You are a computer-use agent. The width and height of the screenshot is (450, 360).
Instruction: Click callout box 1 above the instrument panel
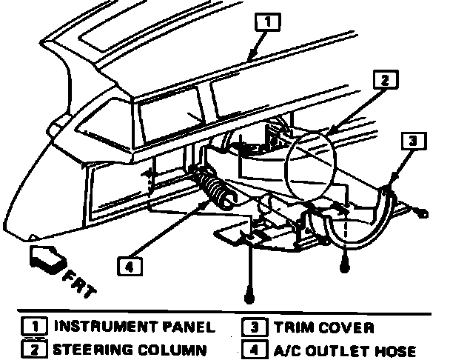268,21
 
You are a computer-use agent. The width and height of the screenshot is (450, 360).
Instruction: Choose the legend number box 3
252,327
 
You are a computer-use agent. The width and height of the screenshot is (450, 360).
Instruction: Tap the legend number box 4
252,348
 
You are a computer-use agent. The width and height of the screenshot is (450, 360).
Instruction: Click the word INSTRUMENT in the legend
96,327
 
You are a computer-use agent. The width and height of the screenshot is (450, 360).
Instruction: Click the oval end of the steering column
309,162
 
